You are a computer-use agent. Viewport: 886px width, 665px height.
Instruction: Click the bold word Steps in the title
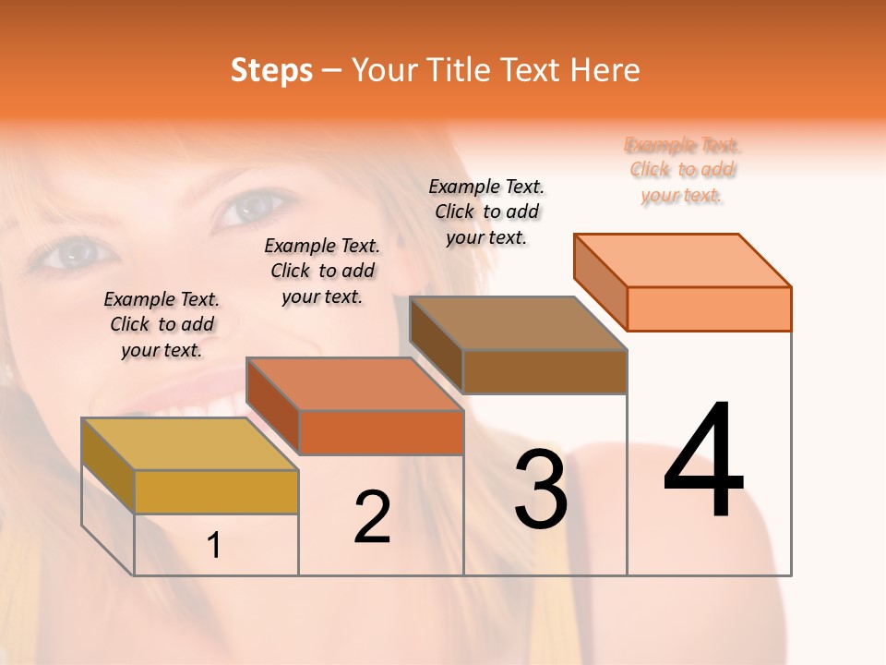[271, 70]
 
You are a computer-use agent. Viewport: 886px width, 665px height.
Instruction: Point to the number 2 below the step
[373, 517]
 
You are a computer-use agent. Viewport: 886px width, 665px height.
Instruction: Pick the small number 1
[214, 545]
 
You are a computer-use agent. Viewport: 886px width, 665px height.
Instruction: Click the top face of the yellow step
[190, 443]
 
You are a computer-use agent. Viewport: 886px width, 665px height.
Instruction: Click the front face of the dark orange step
[381, 432]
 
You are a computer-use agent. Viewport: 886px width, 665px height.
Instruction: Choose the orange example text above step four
[683, 170]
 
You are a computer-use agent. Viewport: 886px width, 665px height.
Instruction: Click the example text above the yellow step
[162, 324]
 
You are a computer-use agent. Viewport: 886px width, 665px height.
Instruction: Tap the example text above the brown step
[486, 212]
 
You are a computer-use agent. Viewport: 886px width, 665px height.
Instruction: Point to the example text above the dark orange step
[322, 271]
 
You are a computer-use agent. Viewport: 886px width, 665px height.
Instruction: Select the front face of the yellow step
[216, 491]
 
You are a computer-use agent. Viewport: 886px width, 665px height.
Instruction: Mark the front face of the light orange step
[709, 308]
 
